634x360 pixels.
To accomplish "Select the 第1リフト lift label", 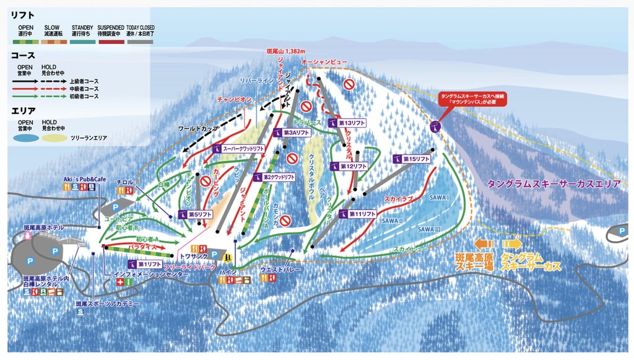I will coord(144,264).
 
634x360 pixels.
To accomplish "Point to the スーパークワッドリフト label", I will coord(240,149).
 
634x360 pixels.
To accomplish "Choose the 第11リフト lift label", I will coord(358,213).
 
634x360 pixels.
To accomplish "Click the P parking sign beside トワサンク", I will coord(214,254).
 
